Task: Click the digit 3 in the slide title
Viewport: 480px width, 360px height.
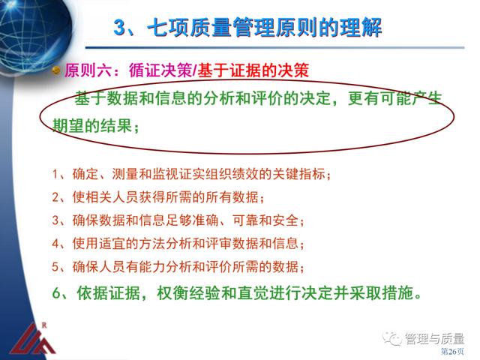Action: pos(120,28)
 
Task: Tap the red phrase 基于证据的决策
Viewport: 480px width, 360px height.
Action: pos(253,70)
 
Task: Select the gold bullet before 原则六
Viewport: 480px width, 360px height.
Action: pos(56,71)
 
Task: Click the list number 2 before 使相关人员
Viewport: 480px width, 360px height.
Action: pos(55,197)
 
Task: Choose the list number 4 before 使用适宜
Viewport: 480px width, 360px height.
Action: pos(55,244)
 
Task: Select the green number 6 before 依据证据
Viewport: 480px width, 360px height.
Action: pos(57,293)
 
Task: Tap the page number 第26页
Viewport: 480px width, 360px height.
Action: pos(452,351)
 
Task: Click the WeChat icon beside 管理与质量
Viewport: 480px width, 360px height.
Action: pos(392,338)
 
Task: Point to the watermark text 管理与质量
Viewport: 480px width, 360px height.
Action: pos(435,338)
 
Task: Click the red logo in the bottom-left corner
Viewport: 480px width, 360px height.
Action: pos(32,342)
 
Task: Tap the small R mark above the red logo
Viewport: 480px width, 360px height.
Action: pos(44,325)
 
